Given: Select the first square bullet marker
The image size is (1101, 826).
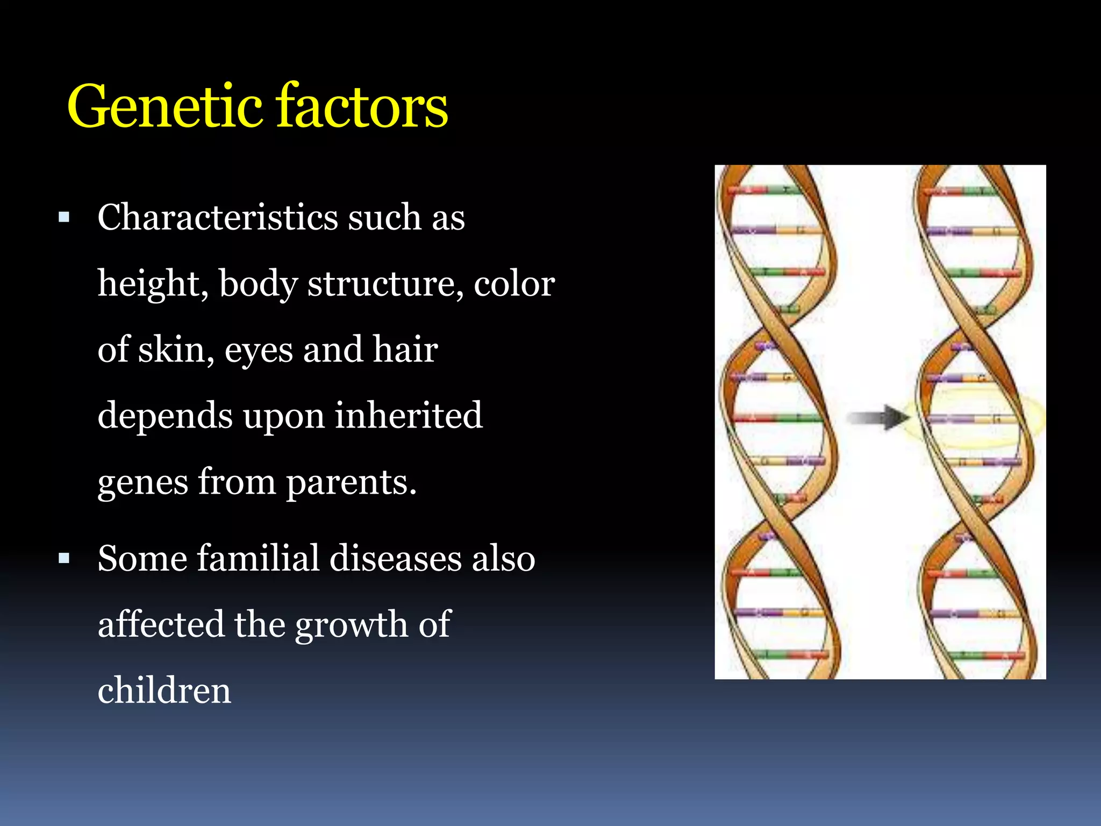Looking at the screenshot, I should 65,217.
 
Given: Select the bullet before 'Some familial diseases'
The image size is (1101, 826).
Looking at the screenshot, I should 65,558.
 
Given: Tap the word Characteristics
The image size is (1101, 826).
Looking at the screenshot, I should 217,217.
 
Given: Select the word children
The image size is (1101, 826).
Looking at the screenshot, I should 164,690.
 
